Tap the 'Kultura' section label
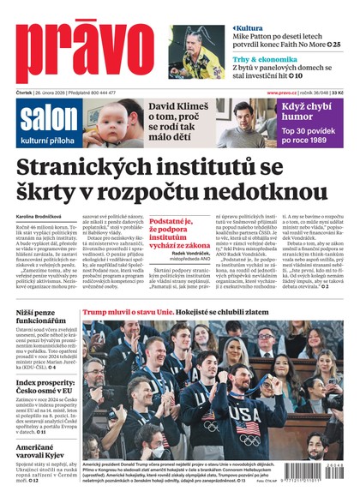pyautogui.click(x=255, y=28)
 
